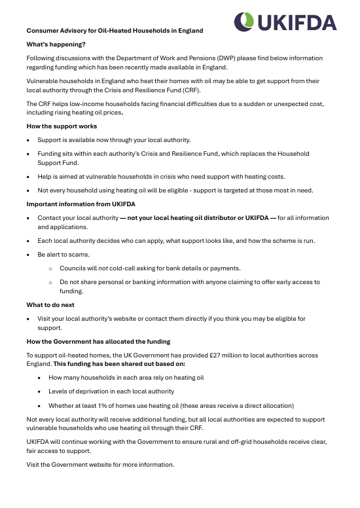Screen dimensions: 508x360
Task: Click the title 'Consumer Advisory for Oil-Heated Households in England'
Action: tap(115, 31)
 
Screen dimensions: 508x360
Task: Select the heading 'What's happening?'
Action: tap(56, 45)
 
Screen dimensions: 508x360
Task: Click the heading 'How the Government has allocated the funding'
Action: tap(98, 342)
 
